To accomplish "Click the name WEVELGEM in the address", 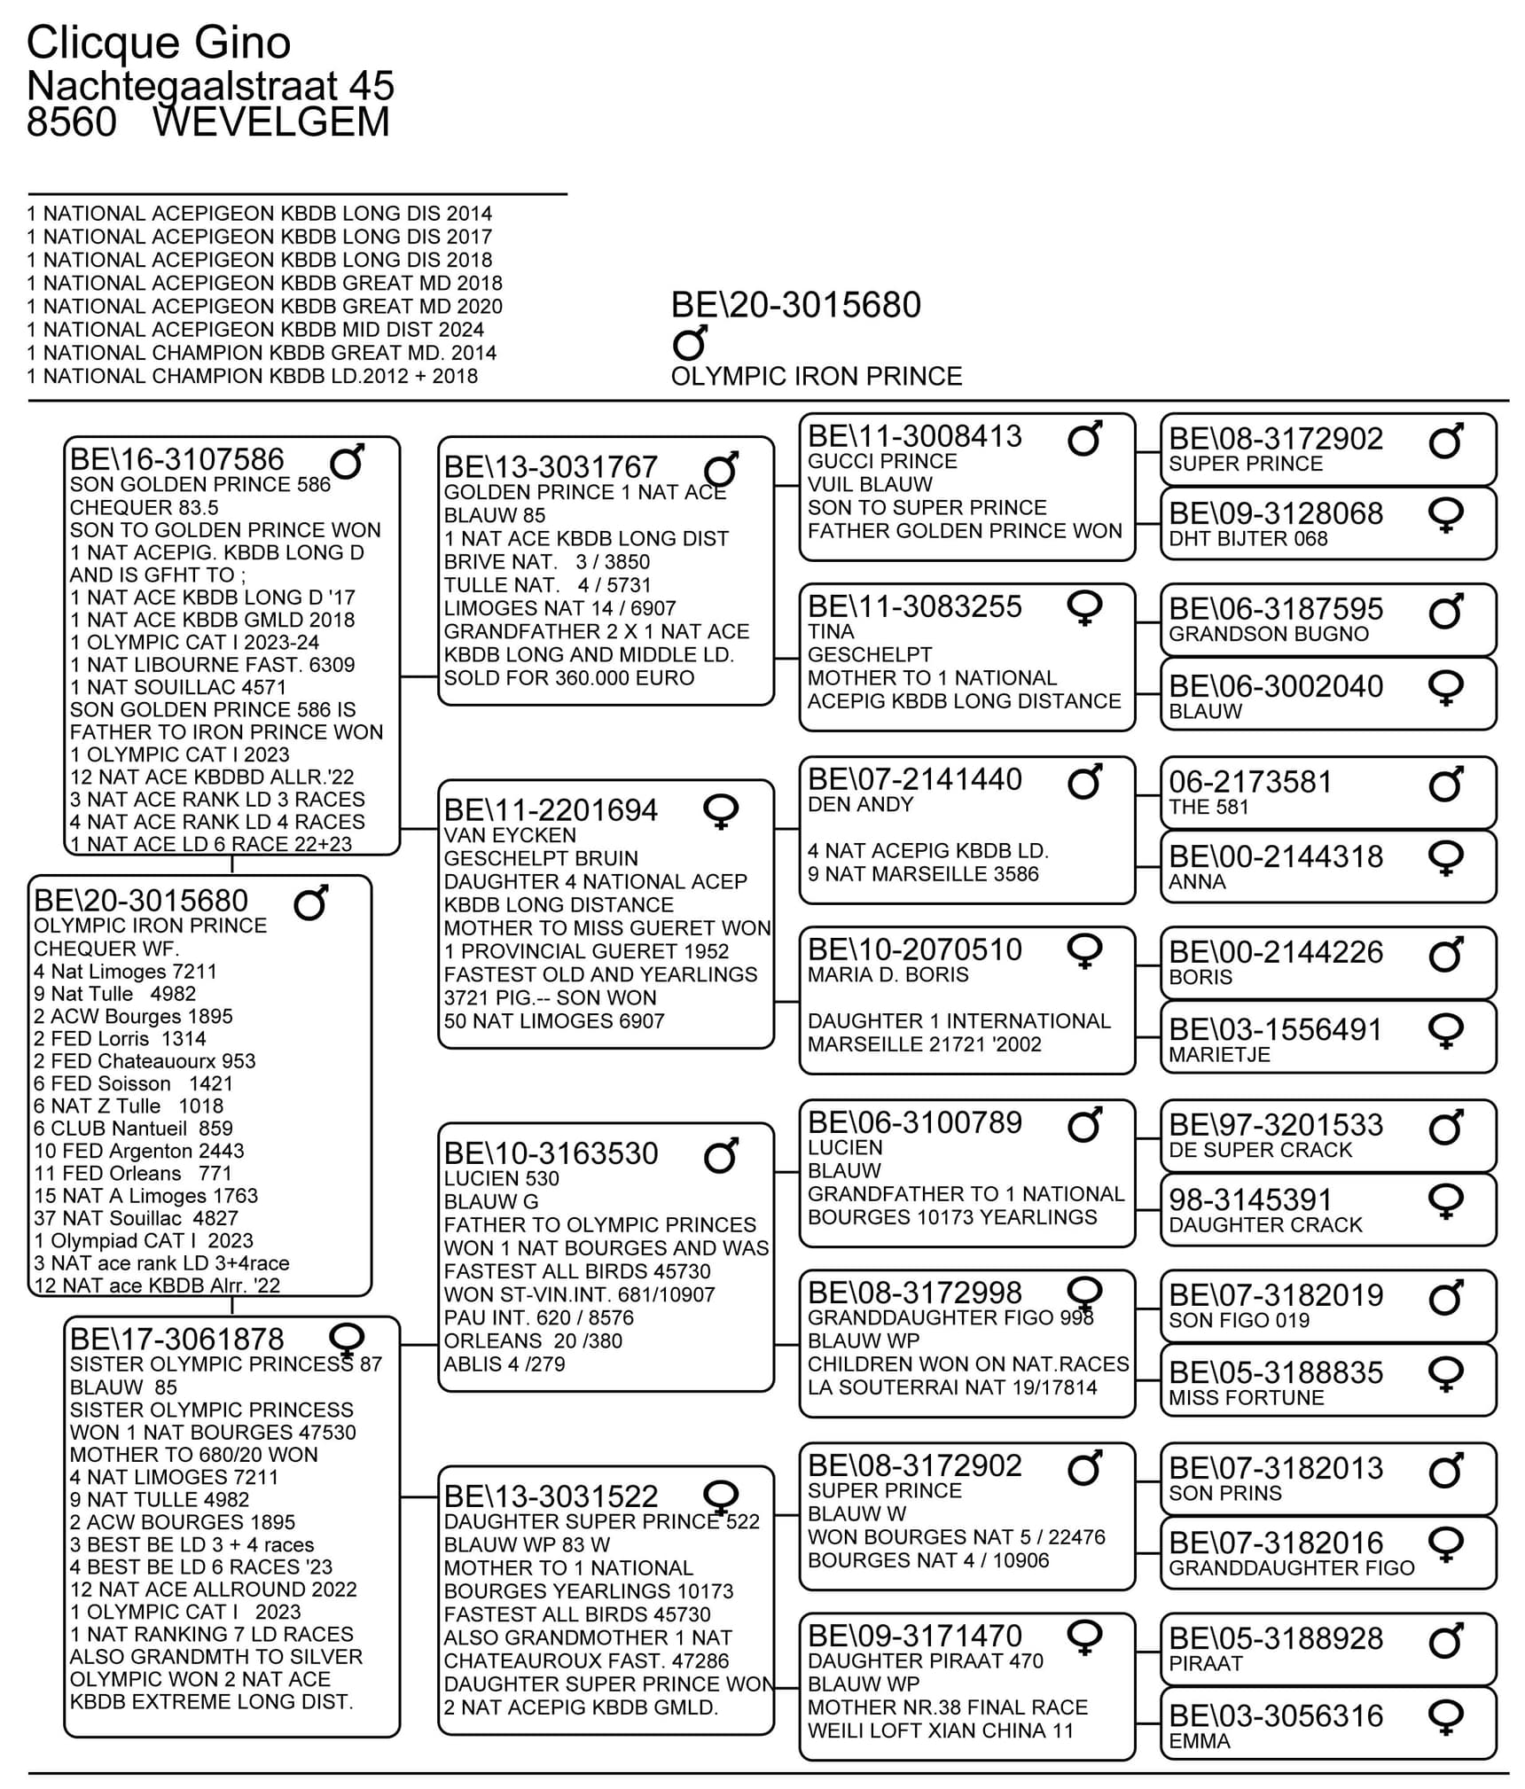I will click(270, 122).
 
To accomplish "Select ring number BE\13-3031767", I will click(550, 467).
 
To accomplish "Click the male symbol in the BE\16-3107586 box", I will click(347, 461).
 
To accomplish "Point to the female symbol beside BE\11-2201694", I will click(721, 811).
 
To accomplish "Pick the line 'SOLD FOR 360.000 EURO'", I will click(568, 678).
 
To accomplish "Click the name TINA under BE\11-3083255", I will click(831, 632).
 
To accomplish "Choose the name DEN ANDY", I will click(860, 805).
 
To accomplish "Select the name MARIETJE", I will click(1219, 1055).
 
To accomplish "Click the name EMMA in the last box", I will click(1199, 1741).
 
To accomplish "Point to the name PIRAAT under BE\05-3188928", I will click(1206, 1663).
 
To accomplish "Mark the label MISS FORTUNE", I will click(1246, 1398).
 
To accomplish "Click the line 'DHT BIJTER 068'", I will click(1247, 539).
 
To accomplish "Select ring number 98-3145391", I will click(1249, 1199).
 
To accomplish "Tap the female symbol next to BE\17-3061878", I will click(346, 1338).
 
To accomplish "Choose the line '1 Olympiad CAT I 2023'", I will click(144, 1240).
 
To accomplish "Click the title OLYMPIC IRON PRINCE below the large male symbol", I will click(816, 377).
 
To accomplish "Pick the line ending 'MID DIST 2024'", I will click(255, 330).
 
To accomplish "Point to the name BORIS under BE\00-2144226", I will click(1200, 977).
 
